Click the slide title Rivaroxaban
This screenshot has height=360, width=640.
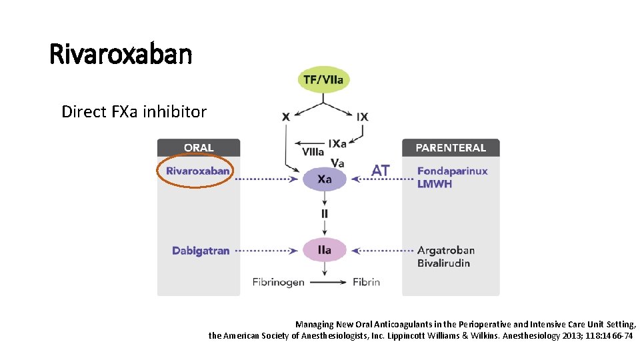pos(121,54)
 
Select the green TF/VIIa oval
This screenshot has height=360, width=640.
pos(323,80)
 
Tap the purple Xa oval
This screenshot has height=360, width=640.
pos(325,179)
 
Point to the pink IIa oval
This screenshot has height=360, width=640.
pos(325,250)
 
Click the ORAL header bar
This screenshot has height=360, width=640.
pos(199,148)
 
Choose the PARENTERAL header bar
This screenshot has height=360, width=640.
pos(451,148)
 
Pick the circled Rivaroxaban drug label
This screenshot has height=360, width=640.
pos(198,171)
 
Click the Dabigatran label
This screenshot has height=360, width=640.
pos(201,251)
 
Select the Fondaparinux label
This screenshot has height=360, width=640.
pos(452,171)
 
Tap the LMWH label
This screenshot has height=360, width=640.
pos(435,184)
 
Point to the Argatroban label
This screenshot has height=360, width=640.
pos(446,251)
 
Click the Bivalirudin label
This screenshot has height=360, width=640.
pos(443,263)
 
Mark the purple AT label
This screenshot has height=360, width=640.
pos(381,171)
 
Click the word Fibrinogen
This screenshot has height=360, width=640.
pos(278,282)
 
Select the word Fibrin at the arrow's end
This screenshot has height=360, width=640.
pos(366,282)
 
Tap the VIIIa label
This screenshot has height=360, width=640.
pos(313,152)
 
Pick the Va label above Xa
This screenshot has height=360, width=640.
pos(337,162)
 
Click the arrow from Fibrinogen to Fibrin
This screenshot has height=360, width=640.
pos(328,282)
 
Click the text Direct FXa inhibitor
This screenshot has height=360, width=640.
pos(134,111)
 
